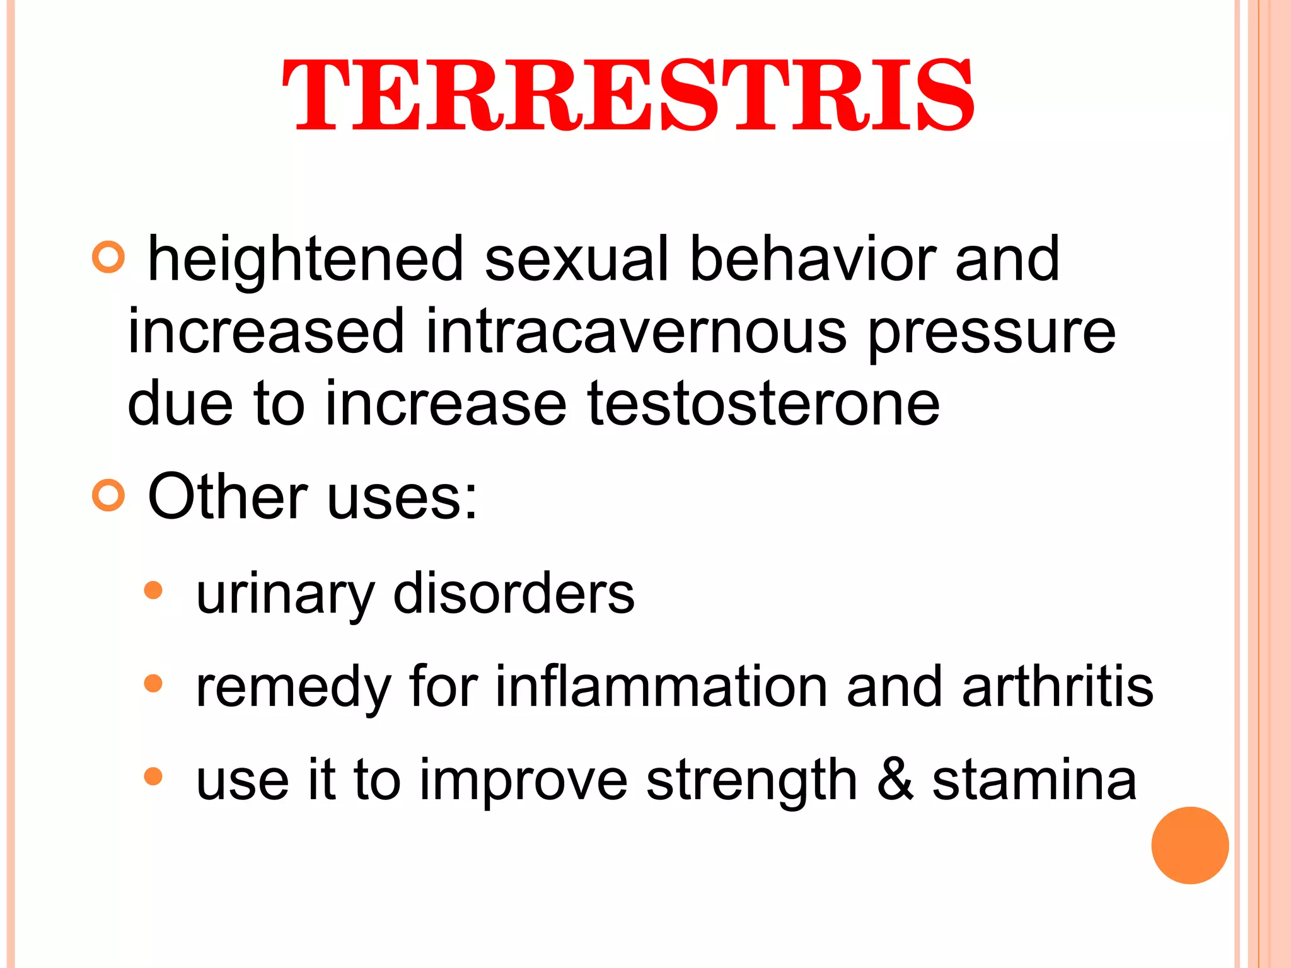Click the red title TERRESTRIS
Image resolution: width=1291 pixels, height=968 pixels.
pos(628,96)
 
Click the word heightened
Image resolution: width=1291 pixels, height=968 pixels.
pos(306,259)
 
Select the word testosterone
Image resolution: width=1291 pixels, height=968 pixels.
pos(763,403)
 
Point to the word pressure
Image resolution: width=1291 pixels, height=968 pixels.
pos(992,333)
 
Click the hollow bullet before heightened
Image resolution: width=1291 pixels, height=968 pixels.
pos(108,257)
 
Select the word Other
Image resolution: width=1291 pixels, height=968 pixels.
pos(228,497)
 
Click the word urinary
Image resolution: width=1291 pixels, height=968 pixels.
pos(286,595)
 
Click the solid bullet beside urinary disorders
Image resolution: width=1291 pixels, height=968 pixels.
pos(153,591)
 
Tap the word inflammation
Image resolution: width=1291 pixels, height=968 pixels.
pos(661,687)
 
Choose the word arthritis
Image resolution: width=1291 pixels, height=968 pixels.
pos(1058,687)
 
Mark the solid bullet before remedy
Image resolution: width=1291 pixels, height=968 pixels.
pos(153,684)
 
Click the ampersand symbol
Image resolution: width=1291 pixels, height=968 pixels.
pos(895,780)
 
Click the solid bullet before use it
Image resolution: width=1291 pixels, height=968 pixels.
pos(153,776)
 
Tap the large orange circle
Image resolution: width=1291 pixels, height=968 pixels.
pos(1190,845)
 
